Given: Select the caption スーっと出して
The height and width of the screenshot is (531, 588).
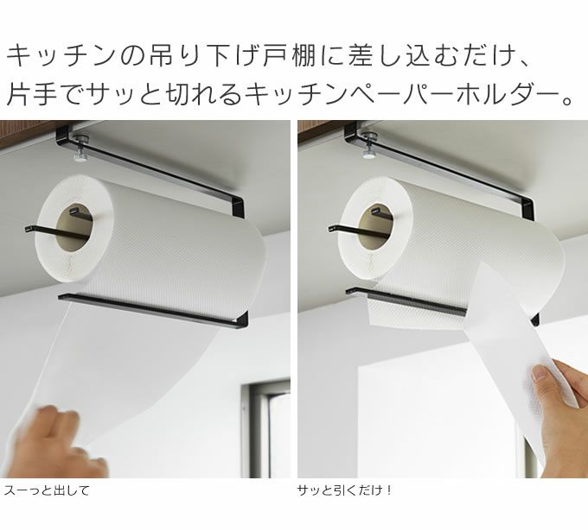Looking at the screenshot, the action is [47, 490].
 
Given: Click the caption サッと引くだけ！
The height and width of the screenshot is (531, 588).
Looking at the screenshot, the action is [345, 490].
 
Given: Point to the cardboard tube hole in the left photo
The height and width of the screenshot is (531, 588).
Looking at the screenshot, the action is [74, 227].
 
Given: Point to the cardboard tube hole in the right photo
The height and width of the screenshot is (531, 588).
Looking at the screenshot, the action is [377, 227].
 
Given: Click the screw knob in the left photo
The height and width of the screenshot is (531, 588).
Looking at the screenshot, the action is [80, 148].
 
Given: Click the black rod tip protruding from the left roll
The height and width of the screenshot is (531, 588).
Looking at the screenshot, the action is [28, 229].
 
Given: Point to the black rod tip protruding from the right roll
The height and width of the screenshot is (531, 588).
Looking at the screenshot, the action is [331, 228].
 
